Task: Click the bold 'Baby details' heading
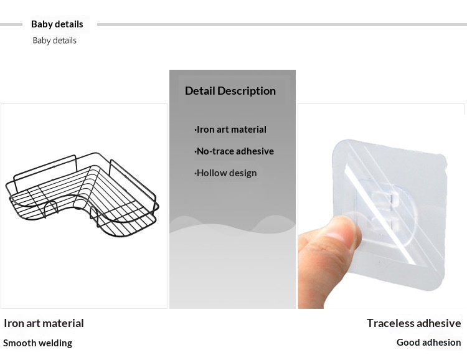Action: coord(57,24)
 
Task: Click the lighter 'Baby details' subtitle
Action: coord(55,40)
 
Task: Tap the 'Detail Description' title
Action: coord(230,91)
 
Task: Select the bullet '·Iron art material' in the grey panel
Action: coord(230,130)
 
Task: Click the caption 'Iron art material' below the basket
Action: coord(44,323)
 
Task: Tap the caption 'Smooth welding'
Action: coord(37,343)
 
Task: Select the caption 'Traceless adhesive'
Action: coord(414,323)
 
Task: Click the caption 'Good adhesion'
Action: coord(429,343)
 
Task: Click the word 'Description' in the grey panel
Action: coord(247,91)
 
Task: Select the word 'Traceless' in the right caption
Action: coord(390,323)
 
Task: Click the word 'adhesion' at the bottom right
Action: coord(443,343)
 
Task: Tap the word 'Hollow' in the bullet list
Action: coord(211,173)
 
